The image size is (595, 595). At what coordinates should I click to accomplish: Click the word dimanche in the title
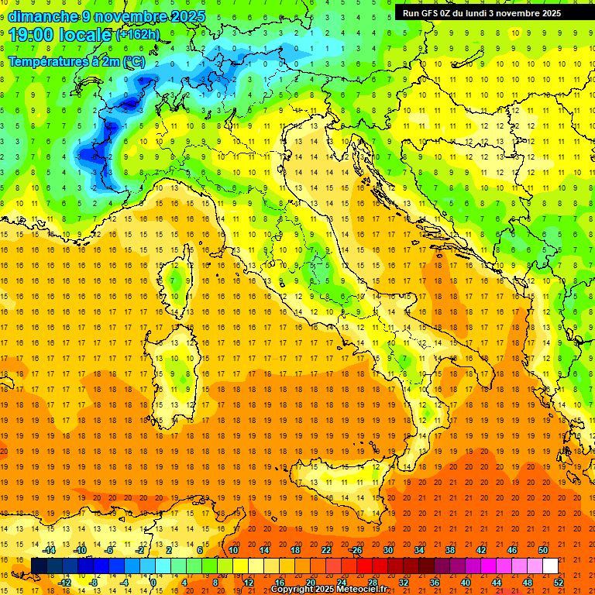pos(43,16)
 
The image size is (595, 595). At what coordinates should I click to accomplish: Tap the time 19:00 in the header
pos(33,35)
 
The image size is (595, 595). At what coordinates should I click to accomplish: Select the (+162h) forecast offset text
pos(138,35)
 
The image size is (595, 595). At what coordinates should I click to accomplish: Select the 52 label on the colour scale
pos(559,583)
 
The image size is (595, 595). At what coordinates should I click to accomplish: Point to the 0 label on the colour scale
pos(153,583)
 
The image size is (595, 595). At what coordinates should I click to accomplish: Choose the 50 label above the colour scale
pos(542,550)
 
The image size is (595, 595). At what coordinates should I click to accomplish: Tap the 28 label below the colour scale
pos(372,583)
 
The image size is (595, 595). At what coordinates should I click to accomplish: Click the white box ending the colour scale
pos(550,566)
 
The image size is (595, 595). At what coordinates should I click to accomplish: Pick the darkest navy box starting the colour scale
pos(39,566)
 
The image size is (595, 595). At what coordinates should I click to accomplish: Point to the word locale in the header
pos(87,35)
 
